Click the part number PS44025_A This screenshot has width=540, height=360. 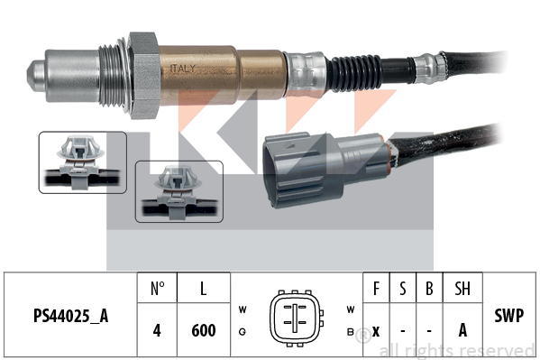click(70, 316)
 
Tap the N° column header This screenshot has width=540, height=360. click(158, 289)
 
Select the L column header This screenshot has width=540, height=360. click(204, 289)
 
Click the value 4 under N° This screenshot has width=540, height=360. click(157, 330)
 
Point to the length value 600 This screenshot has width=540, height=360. click(204, 330)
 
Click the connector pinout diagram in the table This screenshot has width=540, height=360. click(296, 318)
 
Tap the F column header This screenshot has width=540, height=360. click(376, 289)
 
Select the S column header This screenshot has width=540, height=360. click(403, 289)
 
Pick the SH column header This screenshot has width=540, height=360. click(462, 289)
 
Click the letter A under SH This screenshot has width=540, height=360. click(462, 330)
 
